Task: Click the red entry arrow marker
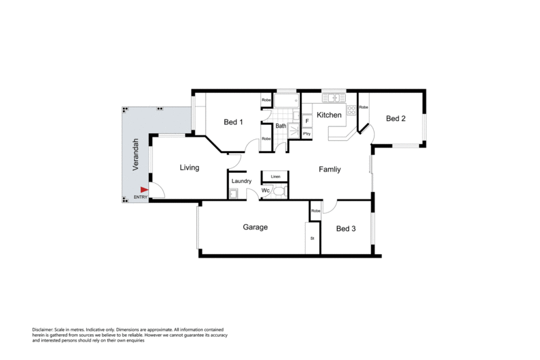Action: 144,190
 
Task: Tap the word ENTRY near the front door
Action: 141,197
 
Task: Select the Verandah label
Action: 136,154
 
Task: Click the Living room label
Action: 189,167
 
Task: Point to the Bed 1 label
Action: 233,122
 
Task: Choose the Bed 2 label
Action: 396,118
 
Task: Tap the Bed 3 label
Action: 346,229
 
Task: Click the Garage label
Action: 255,227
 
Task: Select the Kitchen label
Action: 329,115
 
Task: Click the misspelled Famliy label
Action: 329,169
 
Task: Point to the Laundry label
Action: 241,181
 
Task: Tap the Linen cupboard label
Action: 275,176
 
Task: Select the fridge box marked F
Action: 307,121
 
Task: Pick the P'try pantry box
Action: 307,133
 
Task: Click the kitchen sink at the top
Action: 334,98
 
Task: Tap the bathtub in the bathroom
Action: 286,101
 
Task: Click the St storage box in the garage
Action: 312,238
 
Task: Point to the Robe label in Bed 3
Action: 316,211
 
